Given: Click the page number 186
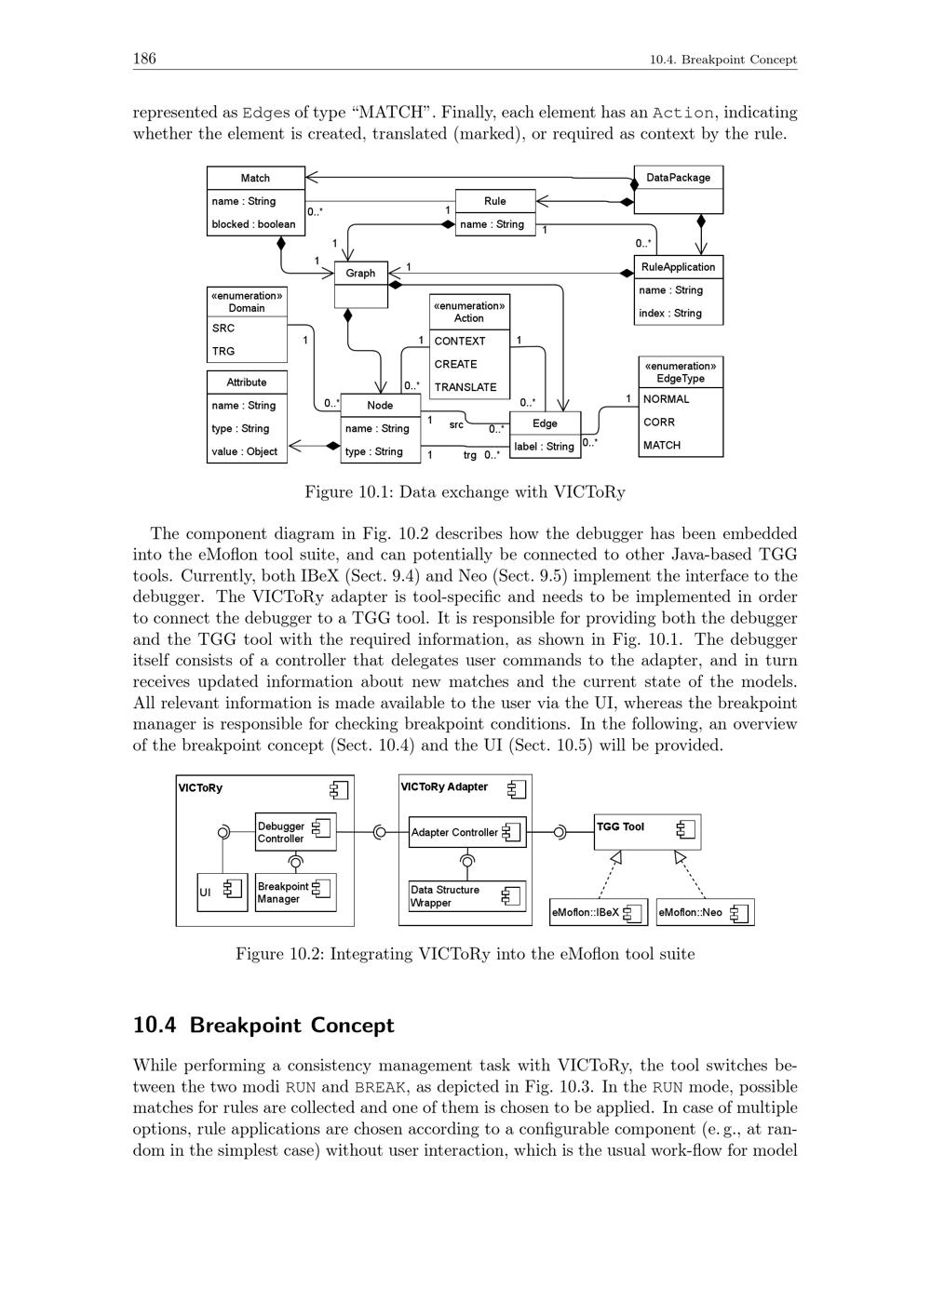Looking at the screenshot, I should click(x=144, y=60).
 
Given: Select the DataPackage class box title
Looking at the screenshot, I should click(x=678, y=178).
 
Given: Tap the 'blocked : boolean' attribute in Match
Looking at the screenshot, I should click(x=253, y=224).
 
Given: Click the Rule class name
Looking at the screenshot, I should click(x=495, y=201).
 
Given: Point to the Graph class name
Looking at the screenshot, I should click(x=360, y=273).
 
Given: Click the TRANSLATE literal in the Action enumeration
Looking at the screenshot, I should click(x=465, y=387).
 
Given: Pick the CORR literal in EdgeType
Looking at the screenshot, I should click(x=659, y=423).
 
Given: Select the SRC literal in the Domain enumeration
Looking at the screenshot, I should click(x=223, y=329).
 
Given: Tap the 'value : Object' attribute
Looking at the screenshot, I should click(x=245, y=451).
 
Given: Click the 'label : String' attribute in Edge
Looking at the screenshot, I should click(x=545, y=447).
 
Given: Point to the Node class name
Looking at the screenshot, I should click(x=380, y=406).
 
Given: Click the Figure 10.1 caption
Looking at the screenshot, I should click(x=465, y=492).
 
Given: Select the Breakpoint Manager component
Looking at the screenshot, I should click(x=295, y=893).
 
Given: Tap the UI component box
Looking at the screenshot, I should click(x=222, y=892).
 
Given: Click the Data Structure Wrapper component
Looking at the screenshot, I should click(x=466, y=896).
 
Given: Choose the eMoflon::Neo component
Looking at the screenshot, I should click(x=705, y=912).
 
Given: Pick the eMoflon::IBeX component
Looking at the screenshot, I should click(x=598, y=912).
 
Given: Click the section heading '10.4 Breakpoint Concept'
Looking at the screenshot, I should click(x=263, y=1026).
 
